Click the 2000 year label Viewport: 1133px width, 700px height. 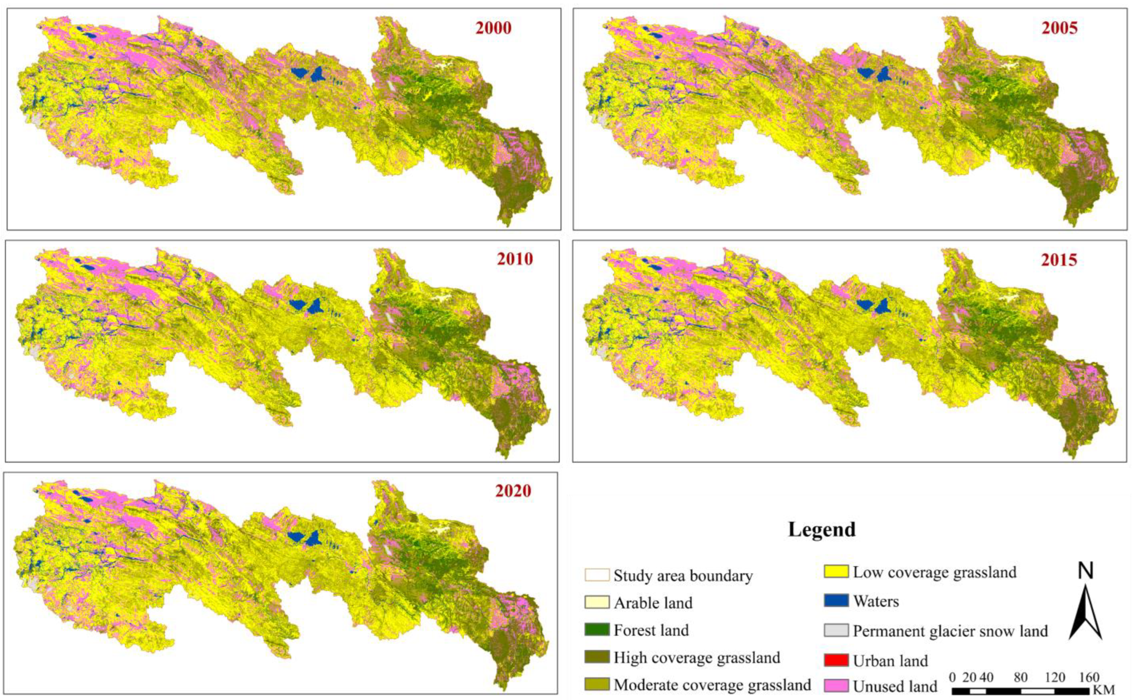click(x=493, y=28)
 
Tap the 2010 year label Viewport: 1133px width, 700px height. click(x=515, y=259)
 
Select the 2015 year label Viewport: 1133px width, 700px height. click(x=1059, y=260)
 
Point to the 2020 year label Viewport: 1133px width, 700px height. click(x=513, y=491)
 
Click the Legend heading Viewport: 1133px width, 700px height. click(x=821, y=529)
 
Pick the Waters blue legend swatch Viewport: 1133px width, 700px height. click(x=836, y=600)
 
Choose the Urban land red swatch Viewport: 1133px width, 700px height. click(x=836, y=660)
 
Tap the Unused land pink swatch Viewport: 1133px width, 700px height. click(x=836, y=686)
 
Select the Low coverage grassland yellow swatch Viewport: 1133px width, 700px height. click(x=836, y=571)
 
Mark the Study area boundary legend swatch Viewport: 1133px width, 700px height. click(x=597, y=575)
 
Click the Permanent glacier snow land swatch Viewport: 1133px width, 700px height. click(x=836, y=630)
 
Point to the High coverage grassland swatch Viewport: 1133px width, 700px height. click(x=597, y=657)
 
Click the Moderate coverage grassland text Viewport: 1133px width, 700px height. click(x=712, y=684)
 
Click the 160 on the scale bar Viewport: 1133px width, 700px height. click(x=1089, y=677)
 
